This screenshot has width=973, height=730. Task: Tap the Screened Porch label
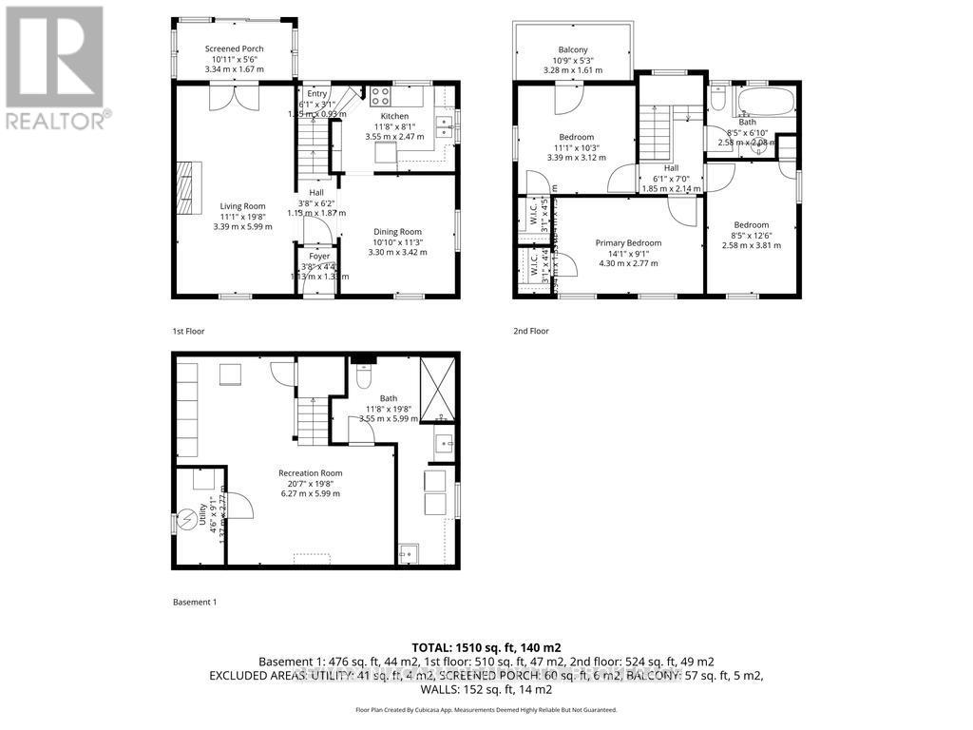[234, 48]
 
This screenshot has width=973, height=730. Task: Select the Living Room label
[242, 206]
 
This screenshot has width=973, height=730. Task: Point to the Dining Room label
[396, 232]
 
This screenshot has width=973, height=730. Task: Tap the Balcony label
[572, 49]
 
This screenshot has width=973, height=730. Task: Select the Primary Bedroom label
[628, 242]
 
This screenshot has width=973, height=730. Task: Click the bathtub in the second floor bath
[765, 101]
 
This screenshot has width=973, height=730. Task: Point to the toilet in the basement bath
[361, 378]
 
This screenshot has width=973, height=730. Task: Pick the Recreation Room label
[310, 473]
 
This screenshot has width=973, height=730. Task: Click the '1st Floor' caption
[188, 331]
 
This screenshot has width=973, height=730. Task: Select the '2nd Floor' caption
[530, 331]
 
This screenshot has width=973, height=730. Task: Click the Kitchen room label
[388, 116]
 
